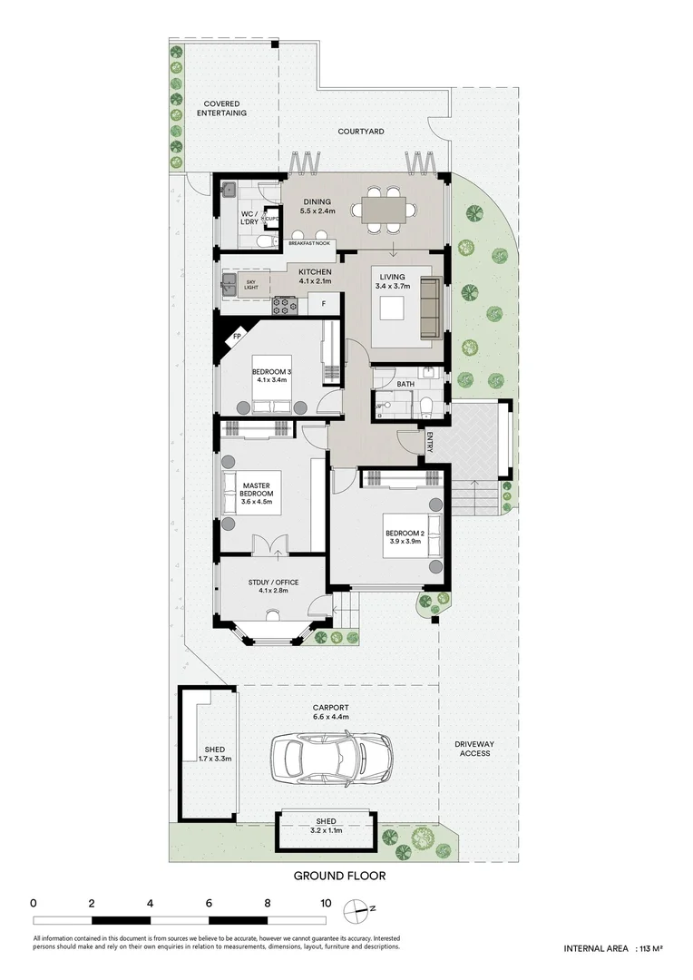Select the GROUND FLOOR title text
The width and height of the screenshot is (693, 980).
click(340, 876)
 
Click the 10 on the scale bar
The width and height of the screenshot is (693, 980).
click(326, 903)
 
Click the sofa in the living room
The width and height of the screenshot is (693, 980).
click(431, 309)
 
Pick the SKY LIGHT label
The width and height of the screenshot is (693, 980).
click(251, 286)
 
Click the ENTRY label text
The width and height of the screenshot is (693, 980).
click(429, 442)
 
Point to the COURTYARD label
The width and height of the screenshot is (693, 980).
click(361, 132)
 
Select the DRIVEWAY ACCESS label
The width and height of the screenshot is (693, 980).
click(474, 748)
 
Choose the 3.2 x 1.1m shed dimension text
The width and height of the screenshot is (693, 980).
click(326, 829)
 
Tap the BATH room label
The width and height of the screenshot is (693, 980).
click(405, 384)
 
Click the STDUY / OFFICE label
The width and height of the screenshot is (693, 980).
click(273, 583)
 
